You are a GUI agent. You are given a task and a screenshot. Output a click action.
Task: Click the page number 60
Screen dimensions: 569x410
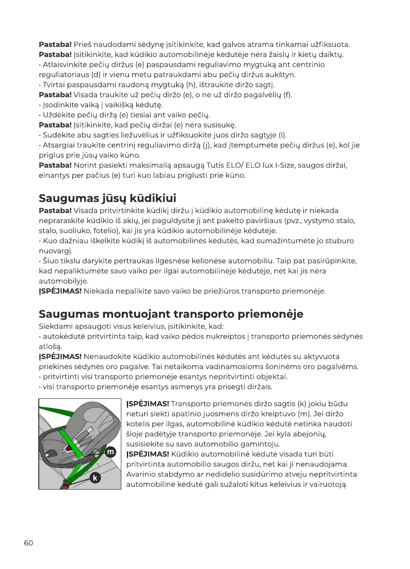click(x=28, y=543)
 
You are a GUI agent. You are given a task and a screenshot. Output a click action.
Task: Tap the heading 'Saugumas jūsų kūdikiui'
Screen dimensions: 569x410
click(x=107, y=198)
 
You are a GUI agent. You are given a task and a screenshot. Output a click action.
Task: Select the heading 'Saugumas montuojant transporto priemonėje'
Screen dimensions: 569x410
click(x=171, y=314)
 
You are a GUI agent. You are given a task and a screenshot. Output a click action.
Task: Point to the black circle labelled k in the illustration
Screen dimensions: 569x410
click(x=95, y=477)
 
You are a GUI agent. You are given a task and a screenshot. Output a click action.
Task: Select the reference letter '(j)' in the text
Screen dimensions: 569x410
click(x=205, y=146)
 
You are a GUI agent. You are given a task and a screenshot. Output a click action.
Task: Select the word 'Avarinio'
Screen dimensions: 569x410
click(x=139, y=475)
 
